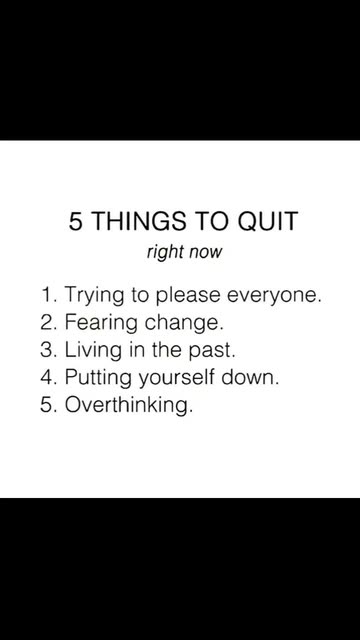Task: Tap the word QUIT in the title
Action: point(267,222)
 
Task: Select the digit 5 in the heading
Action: point(74,222)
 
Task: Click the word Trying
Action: point(94,296)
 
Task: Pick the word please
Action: point(189,296)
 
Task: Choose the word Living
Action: point(93,351)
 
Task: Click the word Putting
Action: point(98,378)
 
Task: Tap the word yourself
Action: point(176,378)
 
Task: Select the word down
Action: point(250,377)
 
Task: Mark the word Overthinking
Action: point(128,406)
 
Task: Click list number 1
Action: point(49,295)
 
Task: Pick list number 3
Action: point(48,350)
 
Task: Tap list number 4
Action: point(48,378)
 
